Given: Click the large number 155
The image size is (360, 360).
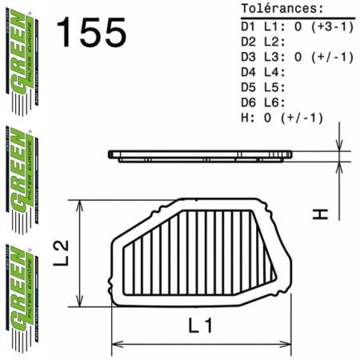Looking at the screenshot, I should point(91,33).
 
